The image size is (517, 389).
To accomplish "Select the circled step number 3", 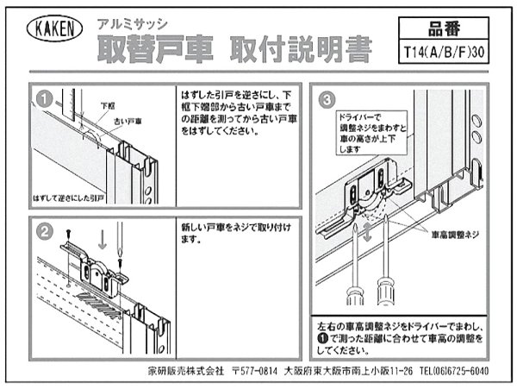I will [x=325, y=97].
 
